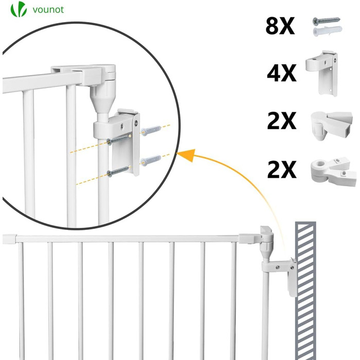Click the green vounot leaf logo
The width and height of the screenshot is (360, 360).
[x=19, y=9]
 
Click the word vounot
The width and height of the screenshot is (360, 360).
[x=48, y=10]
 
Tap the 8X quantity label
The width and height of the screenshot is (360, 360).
[x=280, y=26]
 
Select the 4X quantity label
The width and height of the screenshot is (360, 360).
[x=281, y=73]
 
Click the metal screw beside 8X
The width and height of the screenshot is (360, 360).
[x=326, y=21]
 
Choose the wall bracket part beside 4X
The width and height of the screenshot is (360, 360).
[x=321, y=73]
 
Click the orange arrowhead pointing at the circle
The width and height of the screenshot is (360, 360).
[x=187, y=155]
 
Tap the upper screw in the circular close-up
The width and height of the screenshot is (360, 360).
[x=119, y=140]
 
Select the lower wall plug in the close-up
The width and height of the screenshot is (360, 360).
[x=151, y=160]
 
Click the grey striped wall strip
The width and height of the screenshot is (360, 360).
[x=305, y=291]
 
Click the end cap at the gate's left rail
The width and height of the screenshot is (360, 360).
[x=9, y=239]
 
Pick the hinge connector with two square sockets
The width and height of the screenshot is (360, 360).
[x=332, y=125]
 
